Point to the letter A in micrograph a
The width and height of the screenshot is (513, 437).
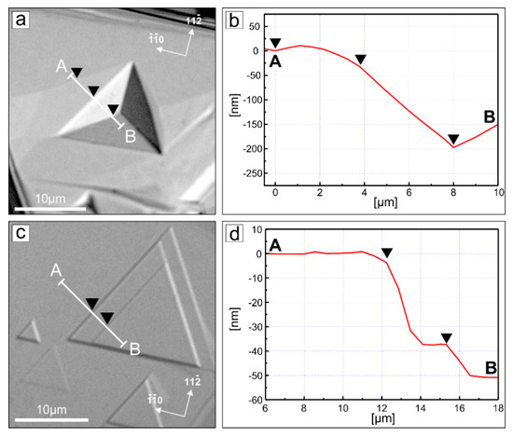61,67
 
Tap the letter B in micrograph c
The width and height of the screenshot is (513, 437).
135,349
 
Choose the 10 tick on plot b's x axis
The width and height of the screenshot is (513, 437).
498,191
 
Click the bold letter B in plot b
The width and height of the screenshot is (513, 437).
490,116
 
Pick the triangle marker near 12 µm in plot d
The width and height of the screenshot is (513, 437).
387,253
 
